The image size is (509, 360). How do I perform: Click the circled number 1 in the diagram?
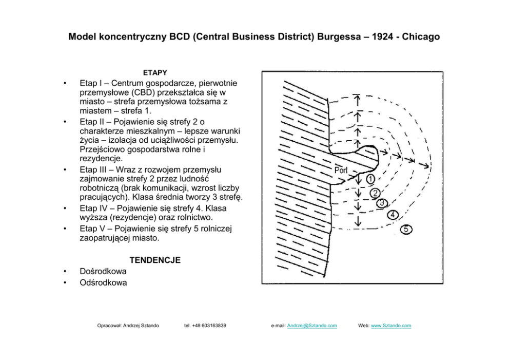[x=370, y=179]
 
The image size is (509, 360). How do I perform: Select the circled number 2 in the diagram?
[x=375, y=193]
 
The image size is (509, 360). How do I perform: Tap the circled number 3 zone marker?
[x=382, y=203]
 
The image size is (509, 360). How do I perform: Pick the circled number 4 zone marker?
[x=393, y=215]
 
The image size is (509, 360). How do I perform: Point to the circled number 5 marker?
[x=405, y=229]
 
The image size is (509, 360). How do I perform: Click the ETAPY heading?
[x=154, y=73]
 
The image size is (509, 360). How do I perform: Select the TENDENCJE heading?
[x=154, y=260]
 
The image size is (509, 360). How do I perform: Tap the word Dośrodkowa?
[x=103, y=271]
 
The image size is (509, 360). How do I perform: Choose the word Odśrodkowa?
[x=104, y=282]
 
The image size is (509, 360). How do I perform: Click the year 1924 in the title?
[x=380, y=37]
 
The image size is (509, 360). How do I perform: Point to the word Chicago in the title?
[x=421, y=37]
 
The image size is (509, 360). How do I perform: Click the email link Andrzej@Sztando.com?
[x=312, y=326]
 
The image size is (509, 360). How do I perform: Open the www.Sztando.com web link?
[x=390, y=326]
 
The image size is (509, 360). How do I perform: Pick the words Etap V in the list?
[x=92, y=229]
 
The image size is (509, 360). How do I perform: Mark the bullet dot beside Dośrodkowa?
[x=64, y=272]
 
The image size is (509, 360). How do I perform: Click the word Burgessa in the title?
[x=337, y=37]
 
